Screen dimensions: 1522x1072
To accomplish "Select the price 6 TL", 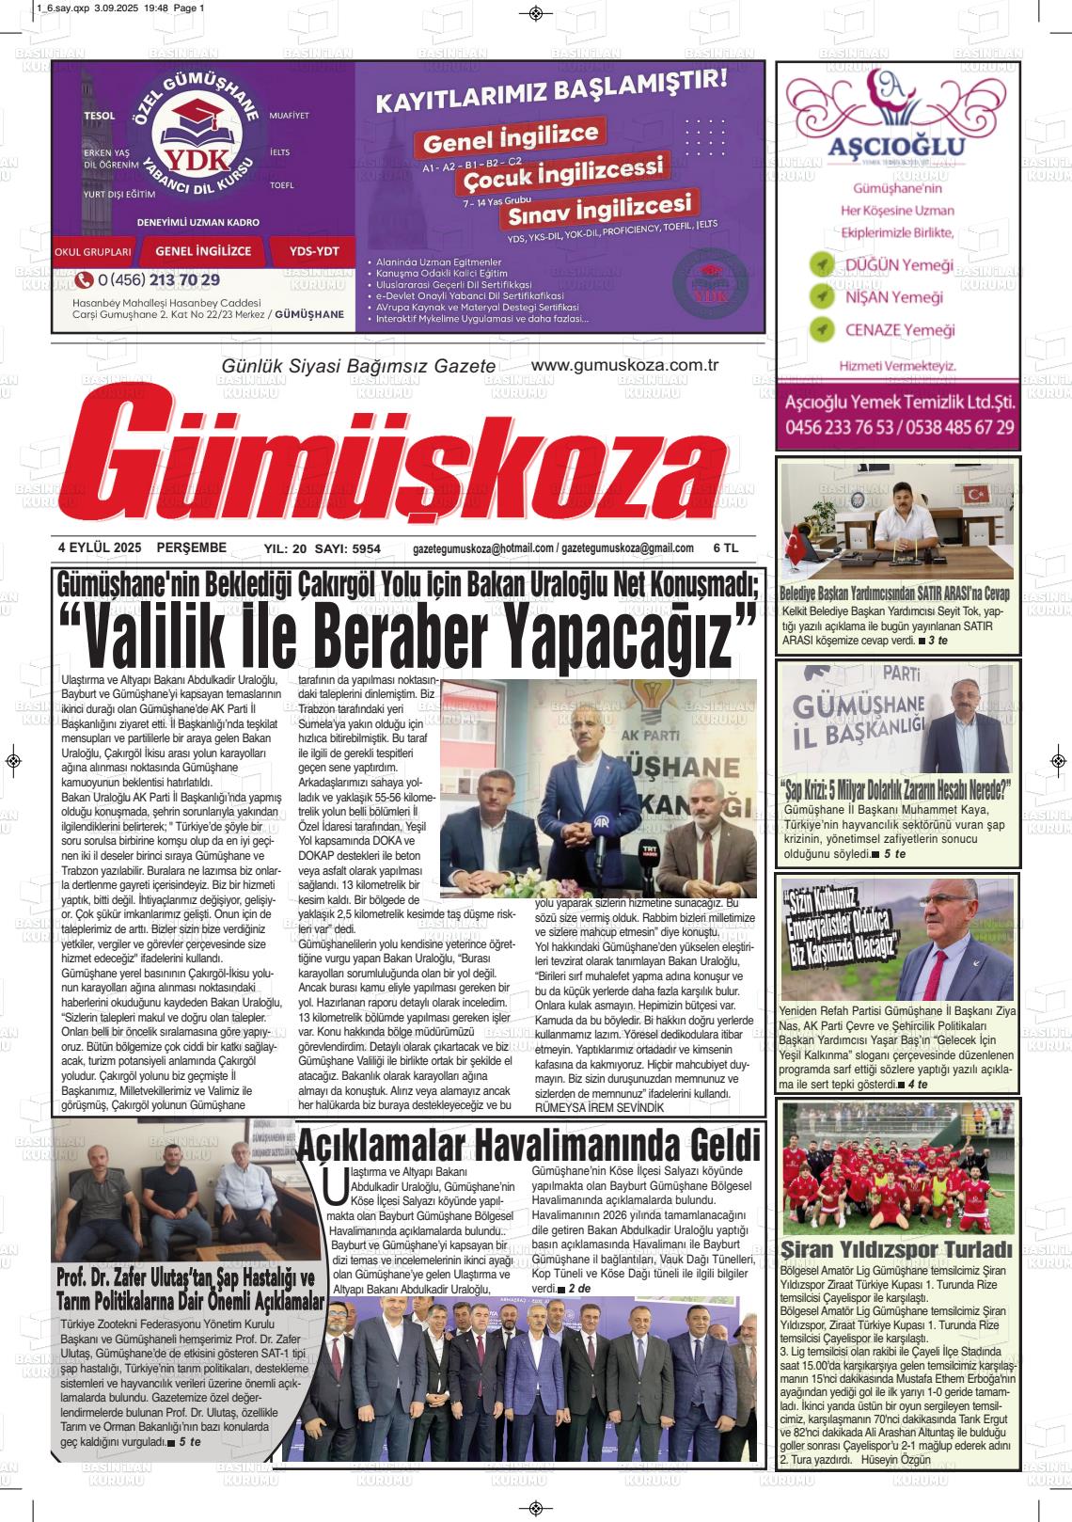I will pos(726,547).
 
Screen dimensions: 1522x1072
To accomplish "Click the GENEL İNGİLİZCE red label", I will pos(203,251).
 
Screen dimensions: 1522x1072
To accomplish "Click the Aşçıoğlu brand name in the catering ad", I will pos(897,147).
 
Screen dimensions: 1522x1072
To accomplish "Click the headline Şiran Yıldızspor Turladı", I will pos(896,1249).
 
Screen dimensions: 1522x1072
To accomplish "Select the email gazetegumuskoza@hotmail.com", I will pos(482,548).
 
